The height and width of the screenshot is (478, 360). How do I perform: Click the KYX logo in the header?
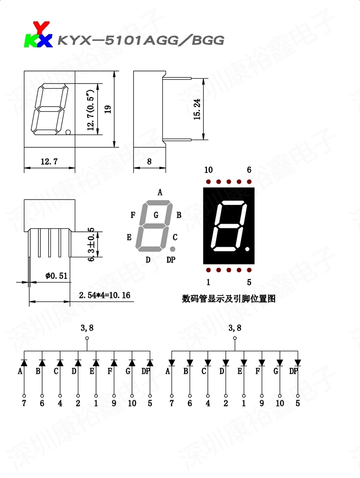click(38, 35)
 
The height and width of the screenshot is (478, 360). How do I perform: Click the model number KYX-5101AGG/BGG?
click(141, 40)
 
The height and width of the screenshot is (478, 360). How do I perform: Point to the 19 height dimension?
click(108, 109)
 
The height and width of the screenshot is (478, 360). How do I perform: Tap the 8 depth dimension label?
click(149, 162)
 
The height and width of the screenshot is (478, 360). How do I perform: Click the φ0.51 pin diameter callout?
click(56, 275)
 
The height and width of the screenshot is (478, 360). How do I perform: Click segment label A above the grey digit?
click(160, 193)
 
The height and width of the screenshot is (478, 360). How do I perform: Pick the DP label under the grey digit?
click(171, 260)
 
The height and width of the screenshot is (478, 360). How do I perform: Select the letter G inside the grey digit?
click(156, 215)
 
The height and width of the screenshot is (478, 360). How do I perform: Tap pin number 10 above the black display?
click(208, 170)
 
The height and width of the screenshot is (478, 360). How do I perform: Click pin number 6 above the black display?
click(249, 170)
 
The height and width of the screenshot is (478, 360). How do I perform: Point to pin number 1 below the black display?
click(208, 282)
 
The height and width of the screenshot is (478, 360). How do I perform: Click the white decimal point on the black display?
click(247, 250)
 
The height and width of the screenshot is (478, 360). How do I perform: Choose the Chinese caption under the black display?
click(228, 299)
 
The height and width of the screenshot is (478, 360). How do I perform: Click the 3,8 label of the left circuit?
click(87, 328)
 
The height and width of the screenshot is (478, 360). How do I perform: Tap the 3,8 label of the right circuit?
click(235, 328)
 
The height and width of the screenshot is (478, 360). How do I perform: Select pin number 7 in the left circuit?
click(24, 403)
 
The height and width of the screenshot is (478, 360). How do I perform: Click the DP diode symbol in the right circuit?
click(298, 362)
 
